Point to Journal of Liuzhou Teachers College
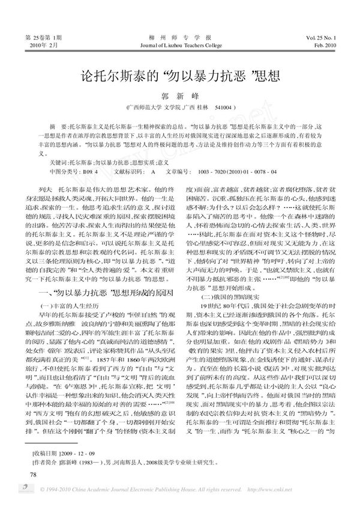click(180, 44)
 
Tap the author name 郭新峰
click(180, 96)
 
